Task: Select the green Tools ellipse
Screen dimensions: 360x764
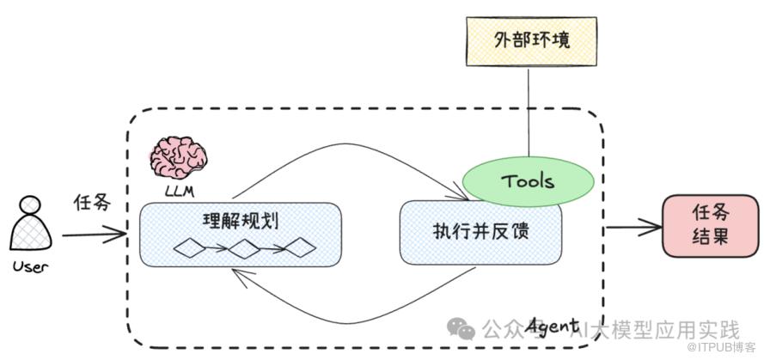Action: click(527, 181)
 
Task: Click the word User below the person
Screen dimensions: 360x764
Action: click(30, 266)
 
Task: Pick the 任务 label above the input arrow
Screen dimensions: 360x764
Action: click(92, 204)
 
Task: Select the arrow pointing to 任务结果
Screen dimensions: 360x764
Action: click(634, 229)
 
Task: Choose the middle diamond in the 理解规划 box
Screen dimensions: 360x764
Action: click(245, 249)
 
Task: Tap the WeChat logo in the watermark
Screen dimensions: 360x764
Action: click(463, 330)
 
